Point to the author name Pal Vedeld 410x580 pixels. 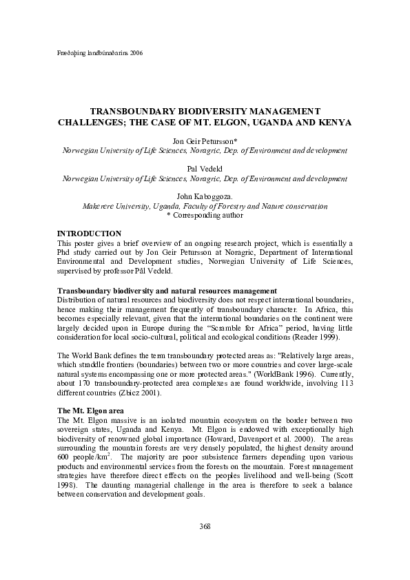[x=205, y=168]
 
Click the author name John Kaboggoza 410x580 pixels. [x=205, y=196]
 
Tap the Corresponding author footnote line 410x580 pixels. [x=205, y=216]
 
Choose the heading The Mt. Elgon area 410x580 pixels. [x=90, y=411]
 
